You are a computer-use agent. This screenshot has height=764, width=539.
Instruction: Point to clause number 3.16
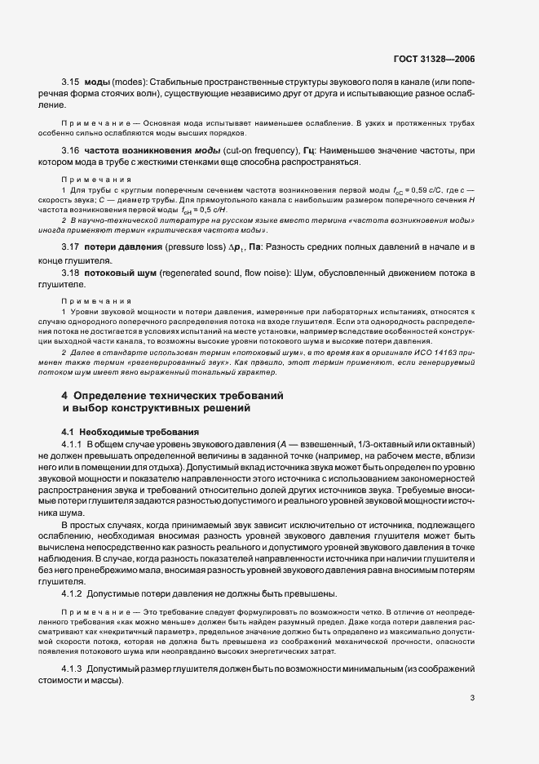(x=70, y=151)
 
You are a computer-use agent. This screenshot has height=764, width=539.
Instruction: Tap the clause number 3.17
(x=70, y=247)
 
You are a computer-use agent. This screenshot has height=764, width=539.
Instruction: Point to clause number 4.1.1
(x=75, y=442)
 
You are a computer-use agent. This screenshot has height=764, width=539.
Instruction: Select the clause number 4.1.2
(x=75, y=593)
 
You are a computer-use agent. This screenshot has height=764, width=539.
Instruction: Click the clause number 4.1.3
(x=75, y=669)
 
